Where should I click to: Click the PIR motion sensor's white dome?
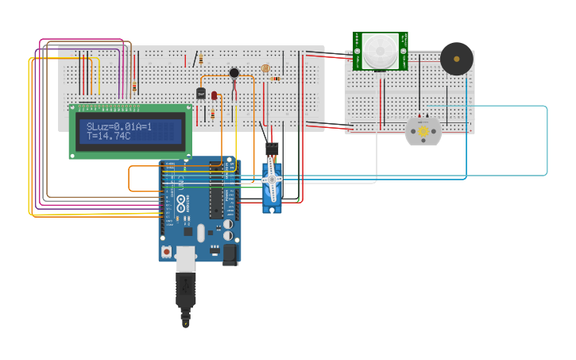point(380,51)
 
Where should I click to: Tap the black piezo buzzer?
point(457,59)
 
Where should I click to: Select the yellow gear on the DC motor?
point(423,131)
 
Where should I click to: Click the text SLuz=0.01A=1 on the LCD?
point(119,126)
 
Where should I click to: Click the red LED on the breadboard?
point(214,95)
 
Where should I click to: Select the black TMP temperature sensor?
point(201,93)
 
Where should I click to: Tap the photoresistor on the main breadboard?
point(265,69)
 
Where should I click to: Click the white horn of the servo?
point(272,179)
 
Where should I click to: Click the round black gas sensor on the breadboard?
point(234,73)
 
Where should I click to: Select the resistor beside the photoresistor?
point(276,79)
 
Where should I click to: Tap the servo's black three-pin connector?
point(272,149)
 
